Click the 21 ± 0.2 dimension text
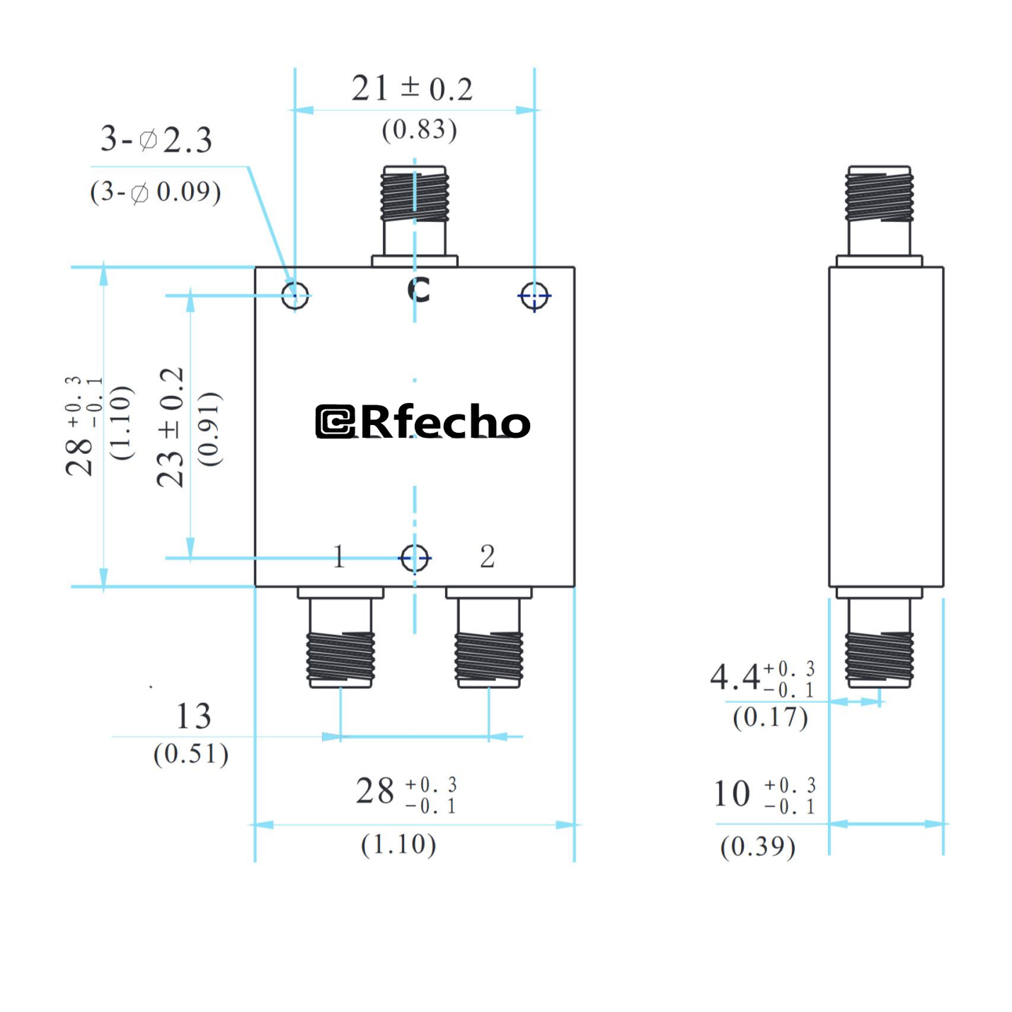pyautogui.click(x=412, y=89)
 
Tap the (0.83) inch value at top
pyautogui.click(x=419, y=129)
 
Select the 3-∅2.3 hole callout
pyautogui.click(x=156, y=139)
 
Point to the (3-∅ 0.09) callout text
pyautogui.click(x=156, y=192)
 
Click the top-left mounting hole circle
pyautogui.click(x=295, y=296)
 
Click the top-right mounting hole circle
pyautogui.click(x=534, y=296)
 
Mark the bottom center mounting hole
pyautogui.click(x=415, y=558)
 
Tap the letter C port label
pyautogui.click(x=418, y=289)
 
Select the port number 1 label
pyautogui.click(x=339, y=557)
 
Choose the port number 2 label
pyautogui.click(x=487, y=557)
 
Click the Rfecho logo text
pyautogui.click(x=422, y=421)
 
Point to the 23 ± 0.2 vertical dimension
pyautogui.click(x=171, y=427)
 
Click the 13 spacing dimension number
pyautogui.click(x=193, y=716)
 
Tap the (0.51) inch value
pyautogui.click(x=191, y=754)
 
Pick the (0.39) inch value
pyautogui.click(x=757, y=847)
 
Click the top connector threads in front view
pyautogui.click(x=415, y=197)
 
